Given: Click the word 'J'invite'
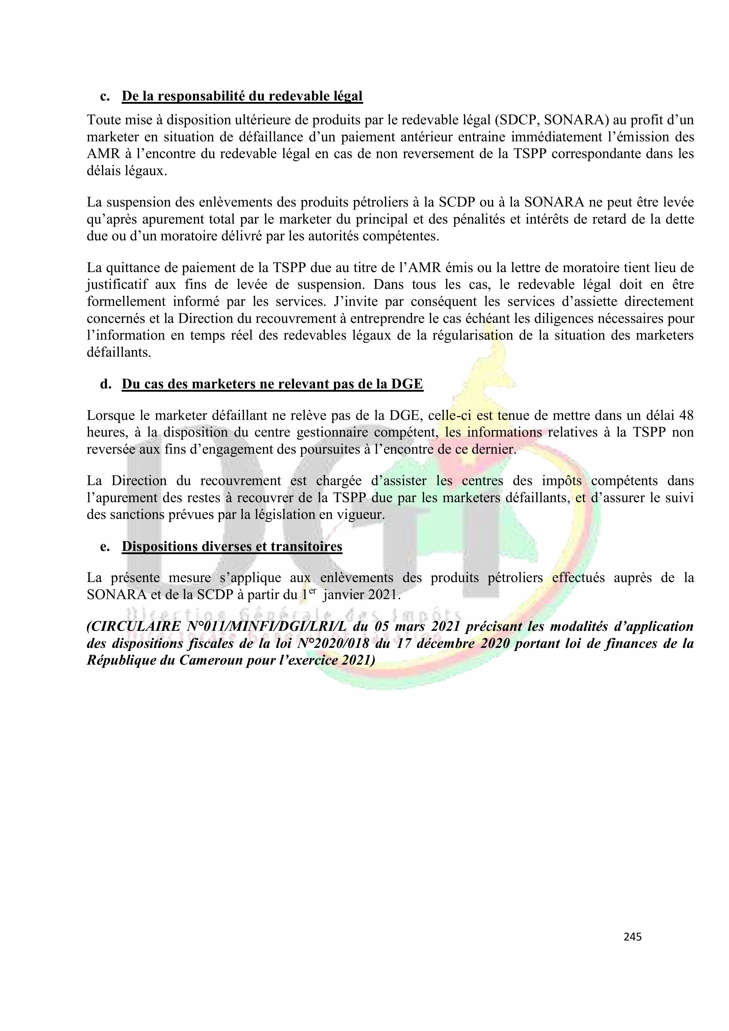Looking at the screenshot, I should pos(353,301).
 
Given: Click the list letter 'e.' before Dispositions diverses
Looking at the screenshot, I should pos(105,546).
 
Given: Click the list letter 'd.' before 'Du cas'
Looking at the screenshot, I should pos(105,384).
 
